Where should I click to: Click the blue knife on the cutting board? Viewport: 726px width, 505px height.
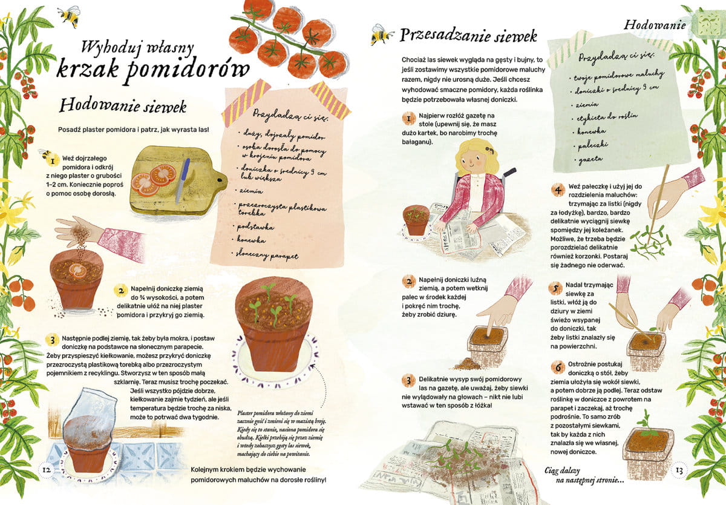tap(183, 180)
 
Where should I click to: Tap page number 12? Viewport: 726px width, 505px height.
tap(47, 469)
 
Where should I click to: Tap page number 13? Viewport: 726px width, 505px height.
tap(679, 470)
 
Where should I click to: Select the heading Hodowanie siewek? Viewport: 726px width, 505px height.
tap(123, 106)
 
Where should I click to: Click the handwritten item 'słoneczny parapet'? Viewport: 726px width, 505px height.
tap(267, 254)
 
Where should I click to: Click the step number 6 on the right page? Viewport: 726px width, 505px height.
tap(558, 367)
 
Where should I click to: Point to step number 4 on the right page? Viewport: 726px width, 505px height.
tap(558, 190)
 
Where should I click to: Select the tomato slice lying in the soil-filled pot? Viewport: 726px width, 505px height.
tap(78, 270)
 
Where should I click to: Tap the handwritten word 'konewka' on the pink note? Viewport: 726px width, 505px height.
tap(251, 240)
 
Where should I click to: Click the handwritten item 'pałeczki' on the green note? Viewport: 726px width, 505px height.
tap(592, 146)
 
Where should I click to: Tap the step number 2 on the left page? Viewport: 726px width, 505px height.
tap(121, 291)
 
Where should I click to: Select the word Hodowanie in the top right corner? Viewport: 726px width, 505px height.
tap(655, 25)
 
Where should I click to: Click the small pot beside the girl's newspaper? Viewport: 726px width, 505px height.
tap(416, 220)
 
